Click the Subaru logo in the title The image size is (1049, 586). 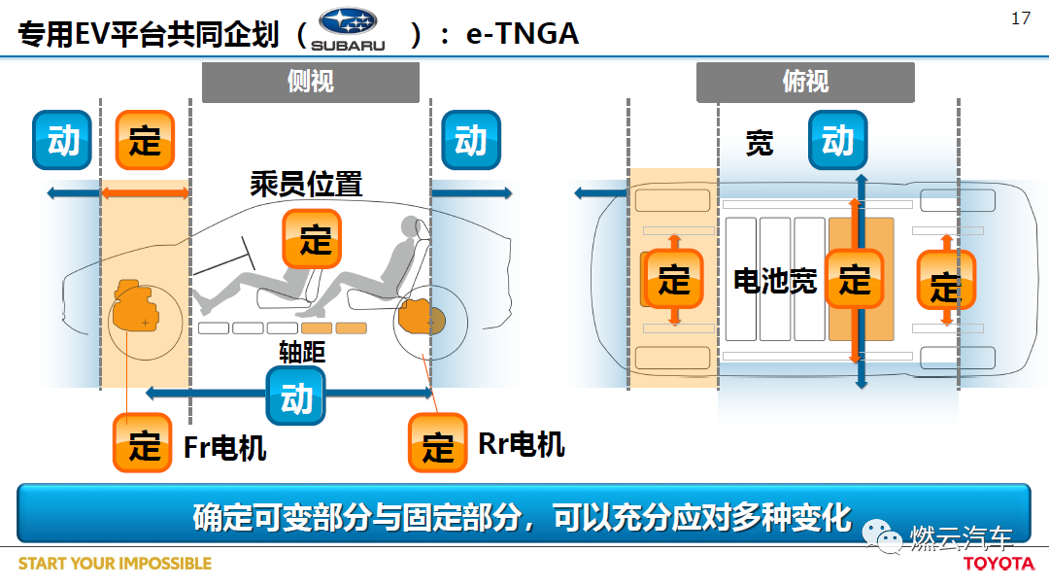[x=348, y=29]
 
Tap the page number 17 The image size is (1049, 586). [x=1021, y=18]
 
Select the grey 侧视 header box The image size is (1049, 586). [x=311, y=83]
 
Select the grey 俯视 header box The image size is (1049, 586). [x=805, y=83]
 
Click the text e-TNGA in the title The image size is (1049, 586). [x=523, y=33]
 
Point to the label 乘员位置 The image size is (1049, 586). [x=306, y=185]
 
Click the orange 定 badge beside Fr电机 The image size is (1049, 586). [x=143, y=443]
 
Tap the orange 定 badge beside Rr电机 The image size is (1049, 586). [x=437, y=443]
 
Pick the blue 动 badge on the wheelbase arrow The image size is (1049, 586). [x=295, y=396]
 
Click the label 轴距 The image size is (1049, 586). [x=302, y=352]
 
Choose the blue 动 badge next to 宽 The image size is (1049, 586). [x=837, y=140]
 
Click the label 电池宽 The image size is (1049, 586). [x=775, y=281]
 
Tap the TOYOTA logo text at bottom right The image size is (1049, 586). [x=998, y=564]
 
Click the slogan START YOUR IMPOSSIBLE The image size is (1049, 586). [x=115, y=564]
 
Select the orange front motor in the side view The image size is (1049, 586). [x=136, y=305]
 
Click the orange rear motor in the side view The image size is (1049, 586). [x=421, y=318]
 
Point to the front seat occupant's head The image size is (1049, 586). [x=410, y=227]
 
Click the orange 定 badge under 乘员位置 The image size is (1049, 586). [x=312, y=239]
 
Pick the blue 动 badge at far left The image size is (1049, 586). [x=62, y=140]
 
